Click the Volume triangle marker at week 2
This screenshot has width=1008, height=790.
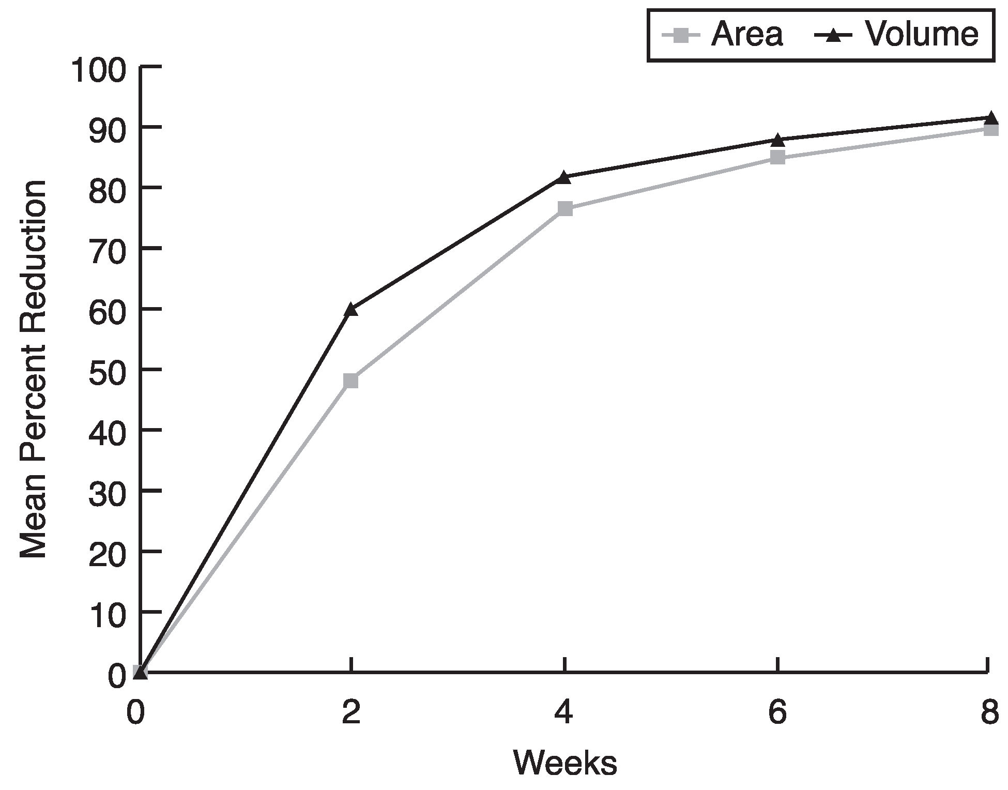[351, 309]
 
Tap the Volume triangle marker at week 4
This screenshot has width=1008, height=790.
[564, 177]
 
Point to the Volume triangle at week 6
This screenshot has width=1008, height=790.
[777, 140]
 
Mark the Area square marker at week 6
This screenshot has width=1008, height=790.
[777, 157]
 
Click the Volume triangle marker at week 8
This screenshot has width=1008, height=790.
[990, 118]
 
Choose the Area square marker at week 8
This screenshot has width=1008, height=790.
[991, 129]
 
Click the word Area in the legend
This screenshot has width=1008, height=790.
[747, 35]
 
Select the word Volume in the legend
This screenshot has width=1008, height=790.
[922, 35]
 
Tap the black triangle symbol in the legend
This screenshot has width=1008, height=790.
[834, 35]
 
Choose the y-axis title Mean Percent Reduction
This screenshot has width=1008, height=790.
[34, 370]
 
